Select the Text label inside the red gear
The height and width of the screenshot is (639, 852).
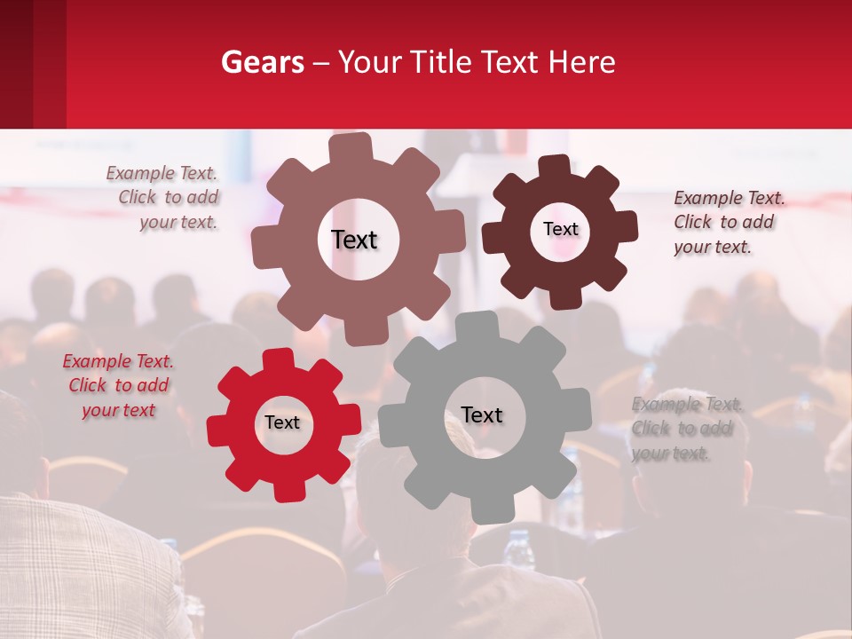(x=282, y=423)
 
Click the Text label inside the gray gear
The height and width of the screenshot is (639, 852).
(x=482, y=415)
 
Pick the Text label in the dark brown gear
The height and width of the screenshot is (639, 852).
(x=560, y=229)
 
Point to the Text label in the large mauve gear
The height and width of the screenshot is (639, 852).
(x=354, y=240)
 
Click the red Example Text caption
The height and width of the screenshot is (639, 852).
(x=119, y=386)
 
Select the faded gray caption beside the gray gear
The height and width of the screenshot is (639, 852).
(x=686, y=429)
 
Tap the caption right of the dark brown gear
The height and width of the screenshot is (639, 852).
(x=728, y=222)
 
